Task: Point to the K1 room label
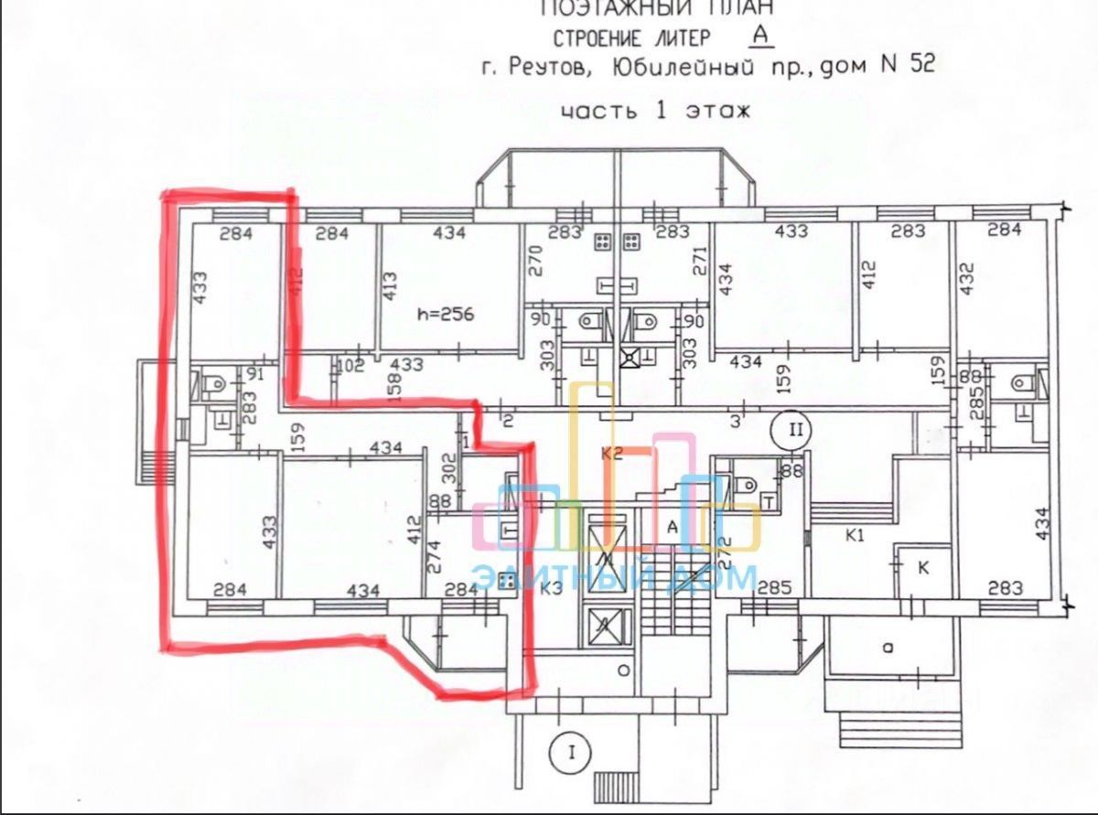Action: [856, 536]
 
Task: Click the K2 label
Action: [611, 453]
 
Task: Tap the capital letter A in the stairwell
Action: [671, 527]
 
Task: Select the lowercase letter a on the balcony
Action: [886, 648]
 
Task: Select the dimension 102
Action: [352, 366]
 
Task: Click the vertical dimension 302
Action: [447, 474]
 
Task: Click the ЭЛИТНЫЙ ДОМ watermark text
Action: [615, 578]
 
